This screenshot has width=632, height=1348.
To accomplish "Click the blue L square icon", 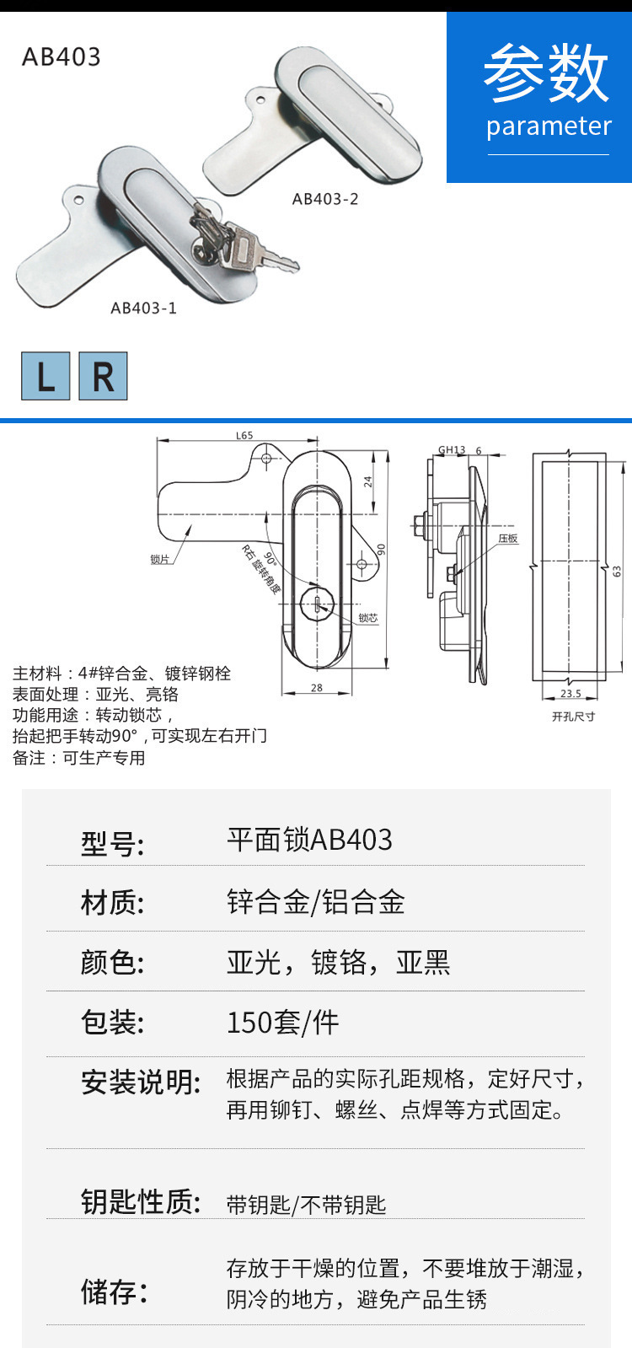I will (x=46, y=376).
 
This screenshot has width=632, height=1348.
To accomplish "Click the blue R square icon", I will (x=103, y=376).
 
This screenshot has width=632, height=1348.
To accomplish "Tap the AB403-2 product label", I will (x=325, y=199).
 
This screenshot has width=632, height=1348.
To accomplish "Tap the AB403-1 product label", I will (x=144, y=308).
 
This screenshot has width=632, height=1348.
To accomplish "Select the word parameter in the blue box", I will (x=549, y=126).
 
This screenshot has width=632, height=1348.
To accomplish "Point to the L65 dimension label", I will (x=244, y=435).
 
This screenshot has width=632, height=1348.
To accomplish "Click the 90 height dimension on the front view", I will (x=381, y=549).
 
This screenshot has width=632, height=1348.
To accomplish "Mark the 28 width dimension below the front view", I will (x=317, y=687).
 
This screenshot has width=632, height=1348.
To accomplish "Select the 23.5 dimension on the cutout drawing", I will (x=570, y=693).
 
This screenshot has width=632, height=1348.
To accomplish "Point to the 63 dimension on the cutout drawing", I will (x=617, y=571).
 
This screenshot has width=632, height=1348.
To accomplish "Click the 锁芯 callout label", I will (x=368, y=618).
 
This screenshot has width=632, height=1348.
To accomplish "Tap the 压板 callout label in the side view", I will (x=507, y=538).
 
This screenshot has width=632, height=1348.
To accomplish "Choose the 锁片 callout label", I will (x=159, y=559).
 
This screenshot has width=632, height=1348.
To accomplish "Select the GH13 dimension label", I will (x=452, y=449).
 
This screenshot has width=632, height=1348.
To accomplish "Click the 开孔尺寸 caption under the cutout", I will (x=573, y=716).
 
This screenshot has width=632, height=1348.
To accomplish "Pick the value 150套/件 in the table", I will (x=282, y=1022).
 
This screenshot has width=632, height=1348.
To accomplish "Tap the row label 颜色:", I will (x=112, y=962).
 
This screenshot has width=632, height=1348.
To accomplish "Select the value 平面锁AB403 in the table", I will (x=309, y=840).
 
